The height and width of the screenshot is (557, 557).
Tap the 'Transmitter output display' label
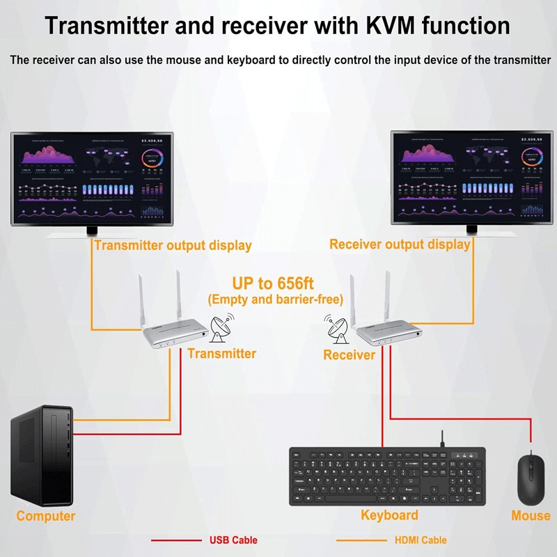click(173, 245)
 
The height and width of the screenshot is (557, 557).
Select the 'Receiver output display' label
click(400, 244)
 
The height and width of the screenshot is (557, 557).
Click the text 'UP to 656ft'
click(274, 284)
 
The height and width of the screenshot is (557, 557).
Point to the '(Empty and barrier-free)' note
click(276, 299)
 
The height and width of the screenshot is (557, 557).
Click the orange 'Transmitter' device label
click(221, 354)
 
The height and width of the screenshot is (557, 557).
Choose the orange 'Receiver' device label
click(349, 355)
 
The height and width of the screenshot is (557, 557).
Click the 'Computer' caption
click(46, 516)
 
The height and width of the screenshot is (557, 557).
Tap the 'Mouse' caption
click(531, 516)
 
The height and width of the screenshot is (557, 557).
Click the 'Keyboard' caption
click(389, 515)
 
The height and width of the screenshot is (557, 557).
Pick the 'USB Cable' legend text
click(233, 540)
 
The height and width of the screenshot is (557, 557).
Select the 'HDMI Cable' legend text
click(421, 540)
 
